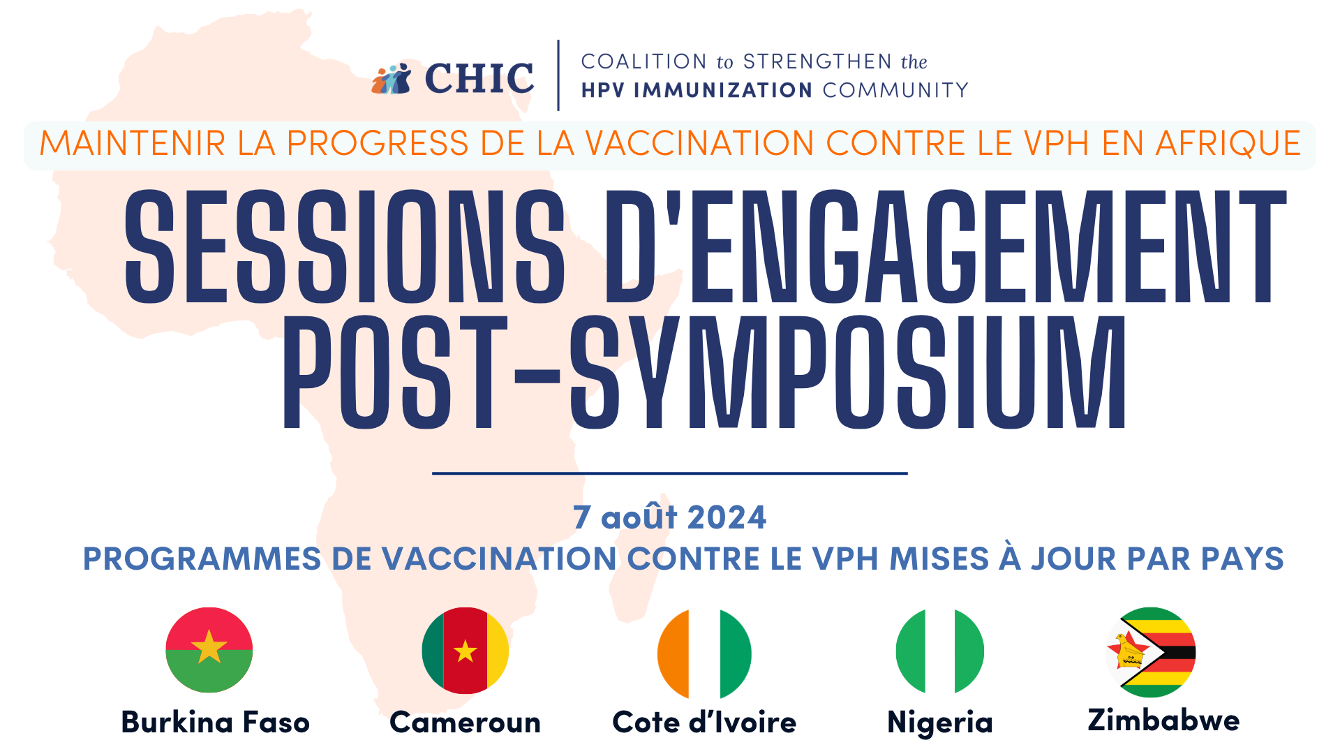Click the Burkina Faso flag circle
[209, 650]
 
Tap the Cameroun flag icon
[466, 651]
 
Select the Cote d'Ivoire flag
[704, 653]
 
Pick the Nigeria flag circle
[940, 651]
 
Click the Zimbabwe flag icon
[1151, 652]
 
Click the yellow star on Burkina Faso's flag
[209, 647]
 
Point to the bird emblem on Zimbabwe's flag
[1129, 651]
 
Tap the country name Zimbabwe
[1163, 720]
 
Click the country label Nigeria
[940, 723]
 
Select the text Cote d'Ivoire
[704, 722]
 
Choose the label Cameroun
[466, 723]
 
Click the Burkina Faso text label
[216, 722]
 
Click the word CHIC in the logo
[479, 77]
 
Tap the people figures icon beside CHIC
[392, 79]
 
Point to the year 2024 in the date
[727, 517]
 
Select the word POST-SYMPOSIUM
[704, 371]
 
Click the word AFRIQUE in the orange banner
[1228, 144]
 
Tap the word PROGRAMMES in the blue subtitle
[202, 559]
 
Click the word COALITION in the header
[644, 61]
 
